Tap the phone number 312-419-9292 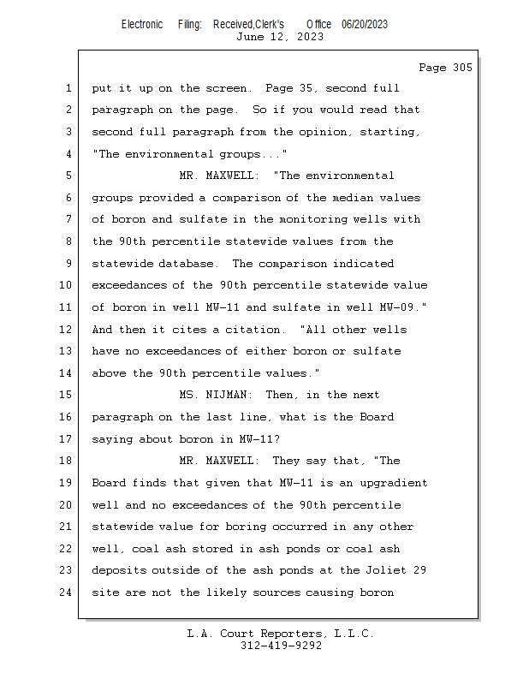click(282, 646)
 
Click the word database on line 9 click(193, 264)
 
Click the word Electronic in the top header click(142, 24)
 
